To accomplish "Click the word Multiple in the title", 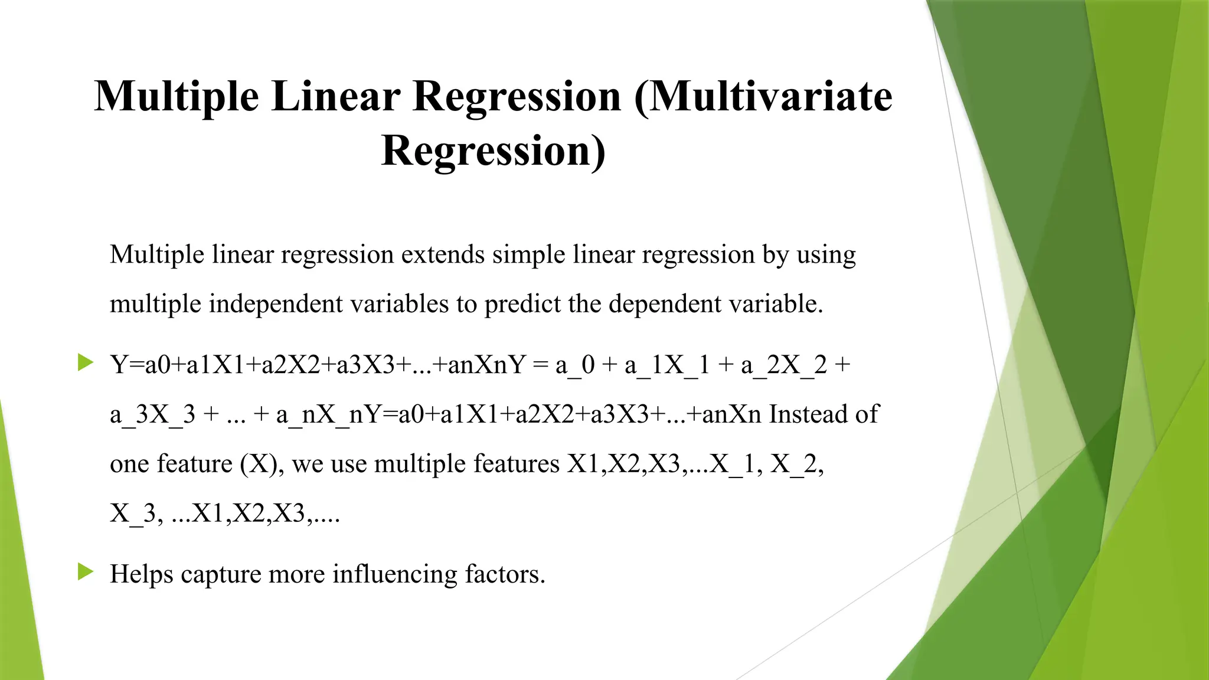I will (176, 96).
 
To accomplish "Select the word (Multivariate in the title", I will (763, 96).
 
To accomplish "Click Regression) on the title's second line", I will (493, 151).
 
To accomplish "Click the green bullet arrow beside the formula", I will (86, 362).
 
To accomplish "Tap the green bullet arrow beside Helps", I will (86, 571).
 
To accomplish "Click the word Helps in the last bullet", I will (141, 574).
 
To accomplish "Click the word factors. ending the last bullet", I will (505, 574).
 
